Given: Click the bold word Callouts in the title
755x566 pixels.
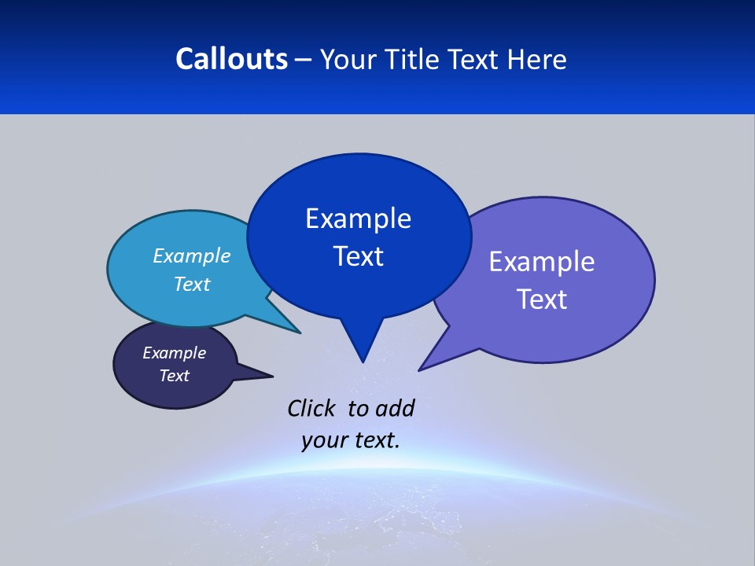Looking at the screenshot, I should pyautogui.click(x=231, y=59).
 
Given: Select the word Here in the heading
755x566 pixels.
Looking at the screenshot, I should pyautogui.click(x=536, y=59).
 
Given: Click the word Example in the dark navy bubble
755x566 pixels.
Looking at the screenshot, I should pyautogui.click(x=174, y=353).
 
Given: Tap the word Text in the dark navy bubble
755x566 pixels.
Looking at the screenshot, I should pyautogui.click(x=174, y=376).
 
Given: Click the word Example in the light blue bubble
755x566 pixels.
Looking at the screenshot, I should pyautogui.click(x=192, y=255).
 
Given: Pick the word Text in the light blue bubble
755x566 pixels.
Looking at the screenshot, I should pyautogui.click(x=192, y=284).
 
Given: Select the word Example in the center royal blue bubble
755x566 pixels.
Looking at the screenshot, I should pyautogui.click(x=358, y=219).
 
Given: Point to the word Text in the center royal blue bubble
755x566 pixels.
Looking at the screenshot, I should pyautogui.click(x=358, y=256).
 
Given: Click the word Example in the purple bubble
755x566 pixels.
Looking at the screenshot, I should pyautogui.click(x=542, y=262).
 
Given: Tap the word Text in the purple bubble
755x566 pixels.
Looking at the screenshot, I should pyautogui.click(x=542, y=300).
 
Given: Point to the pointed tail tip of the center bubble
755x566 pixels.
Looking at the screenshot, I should pyautogui.click(x=363, y=362).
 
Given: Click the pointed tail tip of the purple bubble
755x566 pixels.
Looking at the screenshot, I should pyautogui.click(x=420, y=369).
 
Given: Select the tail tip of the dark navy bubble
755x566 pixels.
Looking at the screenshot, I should pyautogui.click(x=272, y=376).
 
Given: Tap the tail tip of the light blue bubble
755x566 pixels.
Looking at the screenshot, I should pyautogui.click(x=300, y=333).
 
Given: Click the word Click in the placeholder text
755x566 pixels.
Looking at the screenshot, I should pyautogui.click(x=311, y=408).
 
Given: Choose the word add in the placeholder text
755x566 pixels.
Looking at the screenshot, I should pyautogui.click(x=395, y=408).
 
